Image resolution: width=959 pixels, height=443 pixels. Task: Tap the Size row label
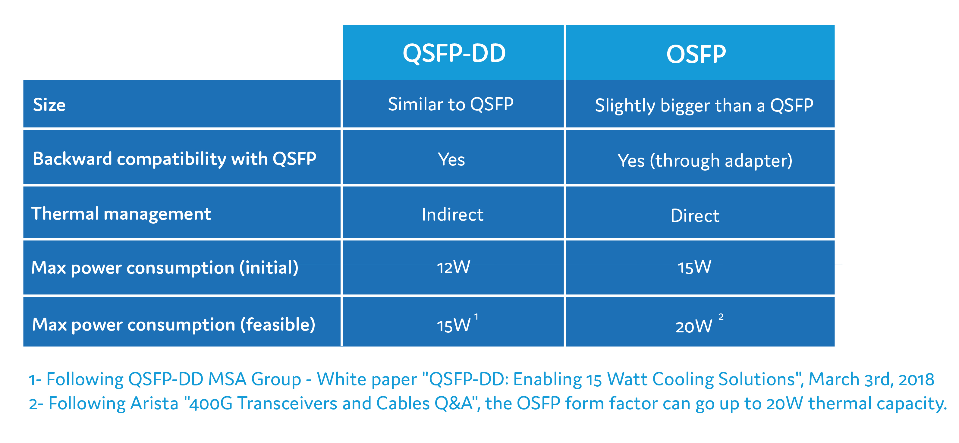49,105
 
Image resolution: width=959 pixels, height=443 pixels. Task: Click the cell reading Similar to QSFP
451,104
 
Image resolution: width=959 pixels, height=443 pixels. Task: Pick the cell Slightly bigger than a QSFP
704,105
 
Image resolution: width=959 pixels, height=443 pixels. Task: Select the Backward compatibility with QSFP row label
174,159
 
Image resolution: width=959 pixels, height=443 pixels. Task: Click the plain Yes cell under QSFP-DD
451,160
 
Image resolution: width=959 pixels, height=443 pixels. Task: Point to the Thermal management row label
121,214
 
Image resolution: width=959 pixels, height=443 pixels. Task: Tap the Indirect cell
452,215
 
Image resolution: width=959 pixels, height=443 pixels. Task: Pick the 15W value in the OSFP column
694,267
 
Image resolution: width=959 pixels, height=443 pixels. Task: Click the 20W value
693,326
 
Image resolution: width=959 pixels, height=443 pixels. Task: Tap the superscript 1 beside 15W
476,317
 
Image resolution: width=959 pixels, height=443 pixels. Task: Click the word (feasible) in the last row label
278,325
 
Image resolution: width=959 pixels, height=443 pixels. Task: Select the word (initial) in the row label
269,268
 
